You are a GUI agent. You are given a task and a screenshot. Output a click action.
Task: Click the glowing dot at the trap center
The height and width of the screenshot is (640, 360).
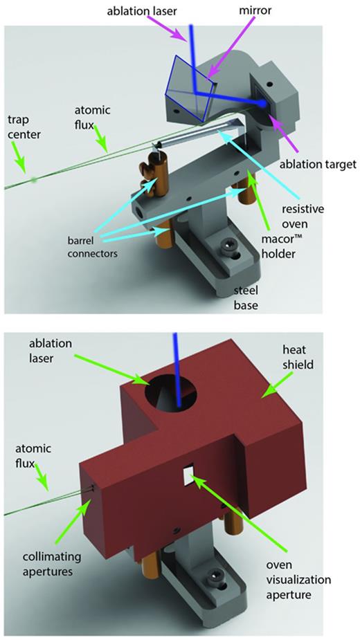35,180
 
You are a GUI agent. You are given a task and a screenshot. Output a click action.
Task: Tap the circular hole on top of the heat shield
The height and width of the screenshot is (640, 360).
169,394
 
